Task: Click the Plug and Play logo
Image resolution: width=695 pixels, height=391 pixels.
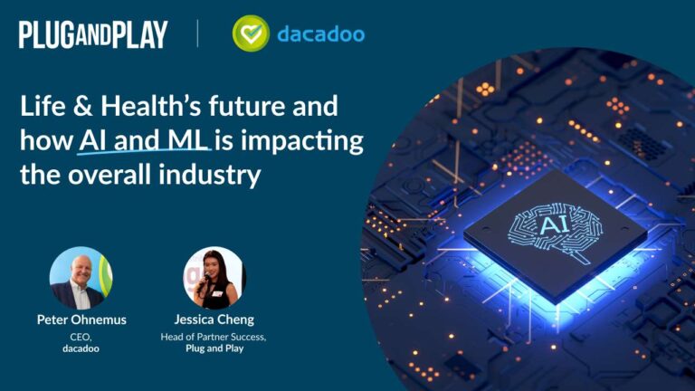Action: tap(93, 34)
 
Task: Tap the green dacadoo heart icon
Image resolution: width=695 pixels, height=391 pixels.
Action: tap(251, 33)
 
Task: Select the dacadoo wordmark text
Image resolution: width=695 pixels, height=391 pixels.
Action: tap(321, 34)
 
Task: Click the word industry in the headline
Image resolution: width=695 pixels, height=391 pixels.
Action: tap(215, 175)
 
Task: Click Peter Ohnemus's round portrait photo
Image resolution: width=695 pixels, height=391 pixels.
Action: tap(81, 278)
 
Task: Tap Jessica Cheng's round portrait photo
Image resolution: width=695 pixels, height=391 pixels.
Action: tap(214, 278)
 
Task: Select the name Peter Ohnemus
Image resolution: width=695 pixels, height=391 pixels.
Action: tap(81, 319)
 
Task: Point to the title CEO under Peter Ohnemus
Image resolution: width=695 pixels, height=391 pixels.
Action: tap(81, 335)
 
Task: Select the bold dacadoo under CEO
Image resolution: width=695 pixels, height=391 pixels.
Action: tap(81, 348)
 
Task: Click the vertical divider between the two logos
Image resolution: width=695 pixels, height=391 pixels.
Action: tap(197, 34)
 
